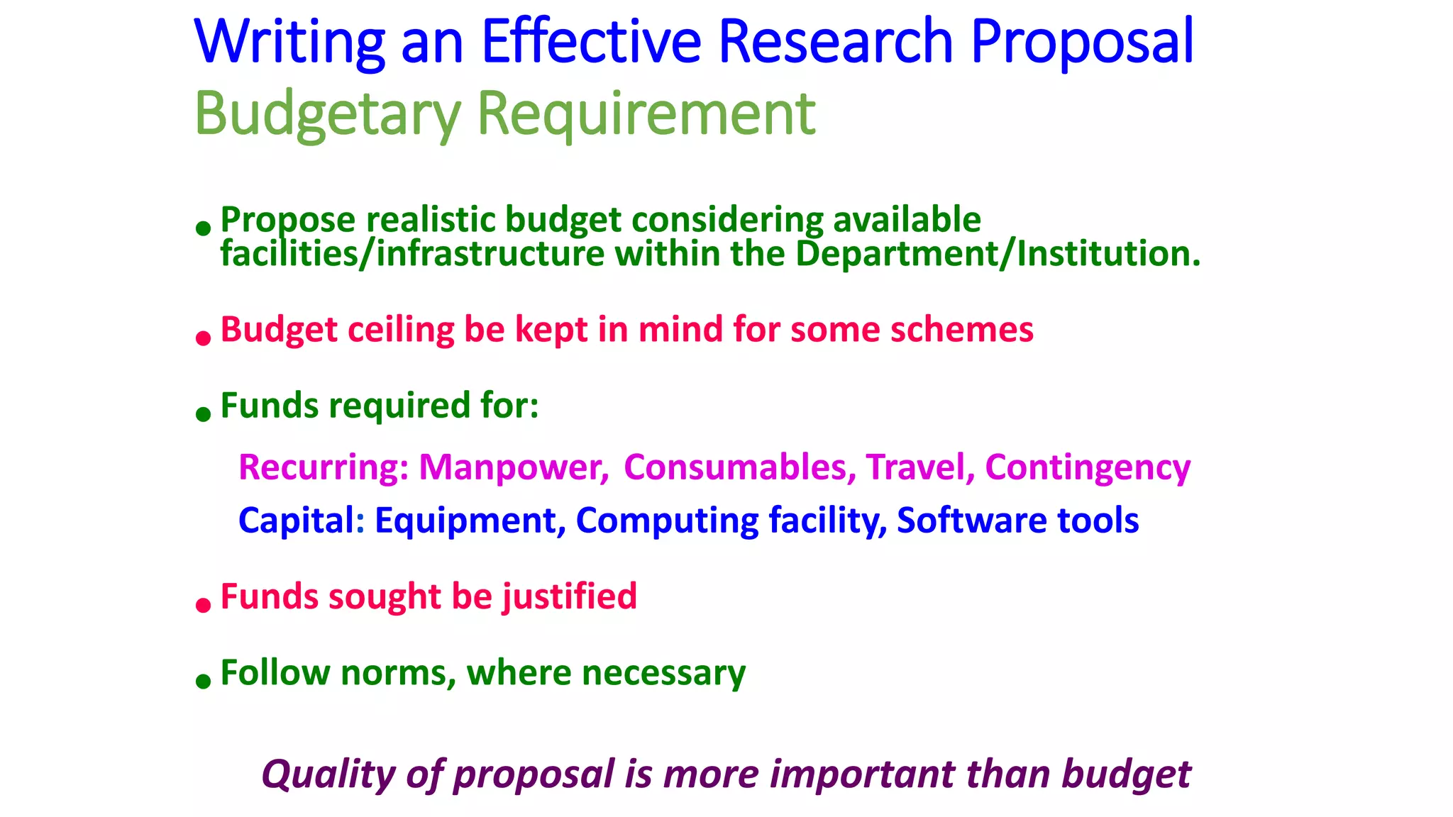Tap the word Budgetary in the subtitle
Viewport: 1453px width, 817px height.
327,113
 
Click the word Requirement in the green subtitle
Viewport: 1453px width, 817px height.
646,113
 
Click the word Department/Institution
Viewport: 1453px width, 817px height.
998,253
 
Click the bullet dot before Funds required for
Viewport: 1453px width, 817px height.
204,414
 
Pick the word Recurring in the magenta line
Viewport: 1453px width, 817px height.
323,467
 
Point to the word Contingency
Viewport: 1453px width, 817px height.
1088,467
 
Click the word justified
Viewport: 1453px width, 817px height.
570,596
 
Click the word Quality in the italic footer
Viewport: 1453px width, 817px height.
328,774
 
